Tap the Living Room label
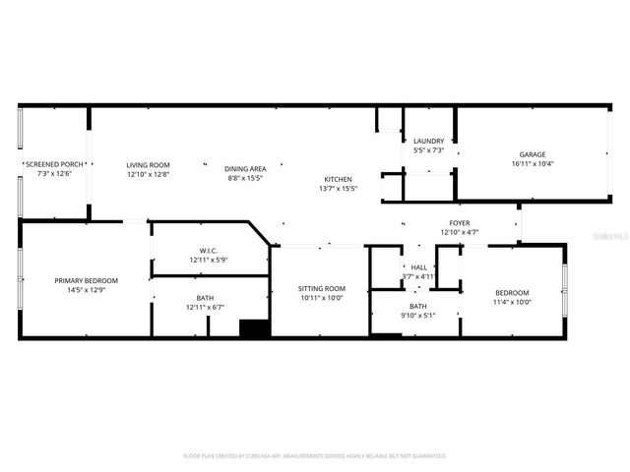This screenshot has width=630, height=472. tap(148, 164)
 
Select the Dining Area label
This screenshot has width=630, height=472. tap(245, 168)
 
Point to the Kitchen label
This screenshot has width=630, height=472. tap(337, 178)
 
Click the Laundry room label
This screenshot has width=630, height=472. tap(428, 141)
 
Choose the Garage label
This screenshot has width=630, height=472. tap(533, 154)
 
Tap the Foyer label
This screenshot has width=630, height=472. tap(459, 223)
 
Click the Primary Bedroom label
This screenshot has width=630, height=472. tap(82, 280)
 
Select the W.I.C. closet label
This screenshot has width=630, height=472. tap(208, 250)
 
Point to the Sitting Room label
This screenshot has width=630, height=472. tap(321, 288)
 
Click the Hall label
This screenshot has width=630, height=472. tap(418, 266)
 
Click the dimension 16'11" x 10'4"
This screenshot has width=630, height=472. tap(533, 164)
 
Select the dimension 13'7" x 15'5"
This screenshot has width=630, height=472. tap(337, 188)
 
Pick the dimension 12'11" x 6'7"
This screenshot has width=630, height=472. tap(205, 308)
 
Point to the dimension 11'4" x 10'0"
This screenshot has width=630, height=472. tap(512, 302)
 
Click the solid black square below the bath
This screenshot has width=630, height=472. tap(255, 329)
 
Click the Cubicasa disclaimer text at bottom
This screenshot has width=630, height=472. tap(315, 456)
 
